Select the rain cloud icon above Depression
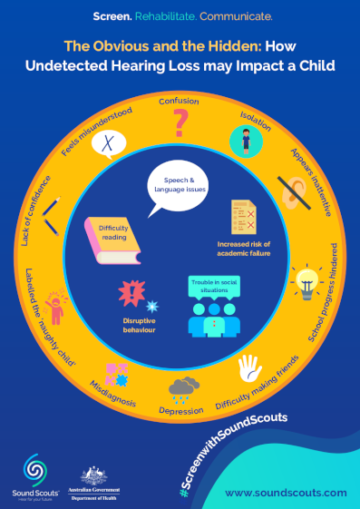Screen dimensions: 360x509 coord(185,387)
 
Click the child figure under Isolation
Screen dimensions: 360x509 coord(243,141)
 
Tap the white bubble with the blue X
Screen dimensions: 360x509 coord(110,142)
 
